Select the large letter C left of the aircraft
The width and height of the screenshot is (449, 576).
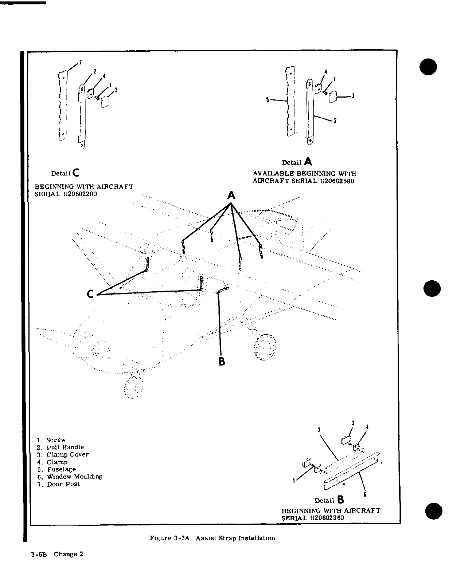[x=91, y=294]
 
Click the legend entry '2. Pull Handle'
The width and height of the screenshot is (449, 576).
[x=60, y=447]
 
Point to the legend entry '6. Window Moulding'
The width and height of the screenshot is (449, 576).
[x=70, y=477]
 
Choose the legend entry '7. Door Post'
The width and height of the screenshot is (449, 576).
[x=58, y=484]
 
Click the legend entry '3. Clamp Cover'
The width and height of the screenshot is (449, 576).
[x=63, y=454]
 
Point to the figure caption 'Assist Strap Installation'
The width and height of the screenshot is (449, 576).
[x=235, y=538]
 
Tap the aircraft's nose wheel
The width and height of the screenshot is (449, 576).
[x=133, y=387]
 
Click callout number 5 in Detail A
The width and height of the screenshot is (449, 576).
[x=268, y=99]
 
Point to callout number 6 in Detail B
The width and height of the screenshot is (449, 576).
[x=365, y=494]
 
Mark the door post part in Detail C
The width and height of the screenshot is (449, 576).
[x=62, y=106]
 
